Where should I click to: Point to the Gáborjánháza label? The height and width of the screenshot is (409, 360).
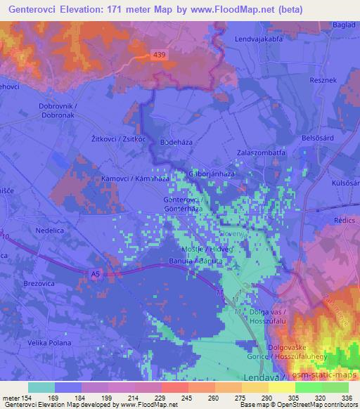click(x=212, y=174)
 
